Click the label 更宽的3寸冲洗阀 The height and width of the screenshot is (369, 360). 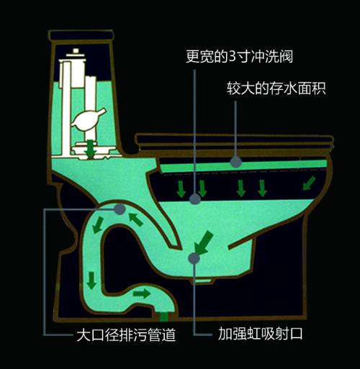pos(239,57)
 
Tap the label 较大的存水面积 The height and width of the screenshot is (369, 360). pos(276,88)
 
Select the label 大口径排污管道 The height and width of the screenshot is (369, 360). pos(126,334)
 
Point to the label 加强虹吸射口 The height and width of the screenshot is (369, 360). pos(260,333)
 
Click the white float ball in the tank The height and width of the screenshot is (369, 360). pos(87,119)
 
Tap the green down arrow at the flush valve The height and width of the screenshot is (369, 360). pos(91,148)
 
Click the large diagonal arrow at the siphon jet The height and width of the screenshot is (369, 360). pos(203,242)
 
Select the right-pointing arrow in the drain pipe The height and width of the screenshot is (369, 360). pos(142,293)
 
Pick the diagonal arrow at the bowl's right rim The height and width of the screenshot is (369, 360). pos(309,183)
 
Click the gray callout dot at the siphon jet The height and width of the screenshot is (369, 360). pos(194,258)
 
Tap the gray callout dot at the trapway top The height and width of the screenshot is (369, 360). pos(120,209)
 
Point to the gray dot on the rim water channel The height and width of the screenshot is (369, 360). pos(236,162)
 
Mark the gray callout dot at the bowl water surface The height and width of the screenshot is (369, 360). pos(194,199)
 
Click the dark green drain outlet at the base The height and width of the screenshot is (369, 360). pos(163,316)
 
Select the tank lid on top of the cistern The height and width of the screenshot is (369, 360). pos(81,35)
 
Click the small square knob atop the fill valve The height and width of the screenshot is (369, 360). pos(76,51)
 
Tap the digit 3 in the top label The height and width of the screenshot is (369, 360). pos(233,57)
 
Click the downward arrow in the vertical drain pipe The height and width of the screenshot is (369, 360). pos(91,281)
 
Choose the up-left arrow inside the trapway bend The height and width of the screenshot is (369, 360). pos(136,219)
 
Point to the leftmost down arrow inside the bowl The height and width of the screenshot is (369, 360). pos(181,189)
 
